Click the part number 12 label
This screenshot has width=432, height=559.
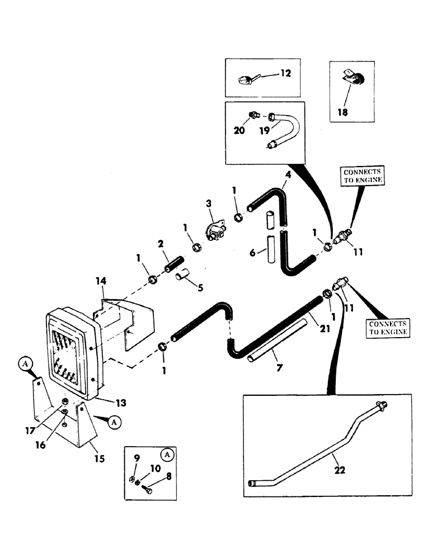[x=286, y=73]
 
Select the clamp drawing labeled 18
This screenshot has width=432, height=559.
[x=350, y=82]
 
